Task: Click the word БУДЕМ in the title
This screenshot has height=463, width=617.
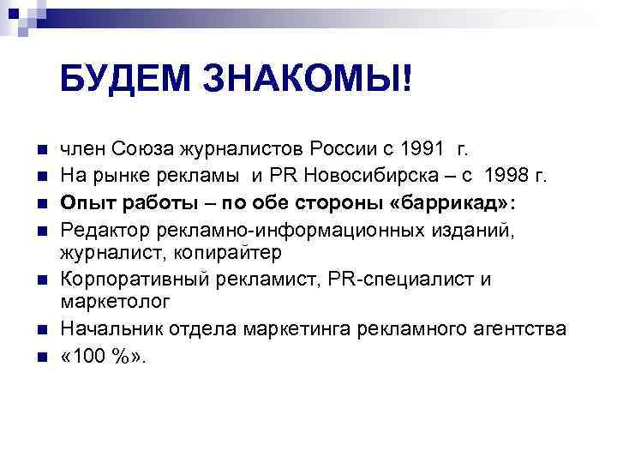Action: coord(126,80)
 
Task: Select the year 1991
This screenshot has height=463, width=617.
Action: coord(422,152)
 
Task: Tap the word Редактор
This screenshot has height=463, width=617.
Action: coord(102,229)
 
